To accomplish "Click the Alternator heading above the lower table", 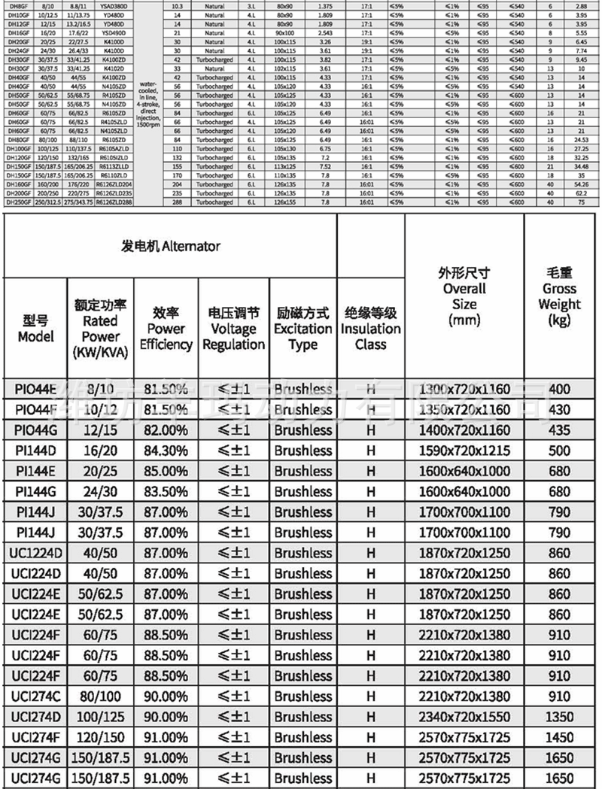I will (x=169, y=246).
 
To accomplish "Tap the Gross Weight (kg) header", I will (x=560, y=296).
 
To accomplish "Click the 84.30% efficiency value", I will (x=166, y=451).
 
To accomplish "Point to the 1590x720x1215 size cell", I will (x=464, y=451).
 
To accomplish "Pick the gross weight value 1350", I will (x=560, y=717).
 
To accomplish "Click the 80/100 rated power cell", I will (x=101, y=696).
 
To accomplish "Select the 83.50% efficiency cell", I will (x=166, y=492).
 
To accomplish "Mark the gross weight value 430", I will (x=560, y=410).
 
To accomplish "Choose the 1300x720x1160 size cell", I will (x=464, y=390).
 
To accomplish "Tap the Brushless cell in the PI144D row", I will (x=303, y=451).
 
